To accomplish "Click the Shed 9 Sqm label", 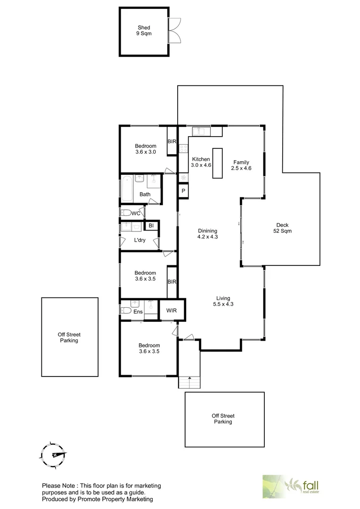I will point(144,31).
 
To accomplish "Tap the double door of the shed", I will point(174,30).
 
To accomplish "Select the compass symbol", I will point(53,454).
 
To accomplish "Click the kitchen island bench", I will point(217,163).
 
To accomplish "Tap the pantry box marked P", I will point(183,191).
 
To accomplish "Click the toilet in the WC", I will point(125,213).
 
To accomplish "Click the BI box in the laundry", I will point(151,226).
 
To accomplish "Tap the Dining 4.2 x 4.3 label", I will point(207,234).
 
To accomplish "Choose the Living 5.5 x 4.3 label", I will point(223,301).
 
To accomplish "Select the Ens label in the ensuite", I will point(138,312).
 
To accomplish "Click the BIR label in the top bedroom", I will point(172,141).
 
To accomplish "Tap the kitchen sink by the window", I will point(202,131).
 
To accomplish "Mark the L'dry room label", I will point(140,240).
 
